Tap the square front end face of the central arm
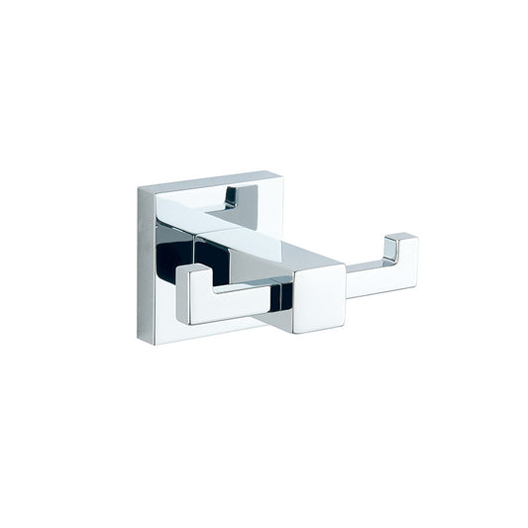coord(319,299)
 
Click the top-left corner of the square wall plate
coord(140,188)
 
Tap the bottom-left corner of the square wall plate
coord(140,343)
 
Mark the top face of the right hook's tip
coord(400,238)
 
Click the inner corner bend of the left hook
coord(214,295)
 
